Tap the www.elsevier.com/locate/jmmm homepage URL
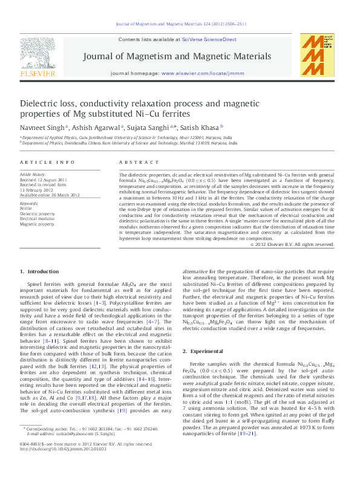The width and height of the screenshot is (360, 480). click(200, 73)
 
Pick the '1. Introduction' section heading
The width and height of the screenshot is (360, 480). click(40, 271)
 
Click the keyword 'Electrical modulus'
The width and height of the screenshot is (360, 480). click(38, 218)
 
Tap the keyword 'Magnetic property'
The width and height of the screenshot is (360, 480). click(37, 223)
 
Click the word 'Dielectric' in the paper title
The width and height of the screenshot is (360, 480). click(42, 104)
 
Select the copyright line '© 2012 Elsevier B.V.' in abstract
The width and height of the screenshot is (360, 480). click(292, 244)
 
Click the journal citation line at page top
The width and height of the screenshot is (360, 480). click(180, 24)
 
